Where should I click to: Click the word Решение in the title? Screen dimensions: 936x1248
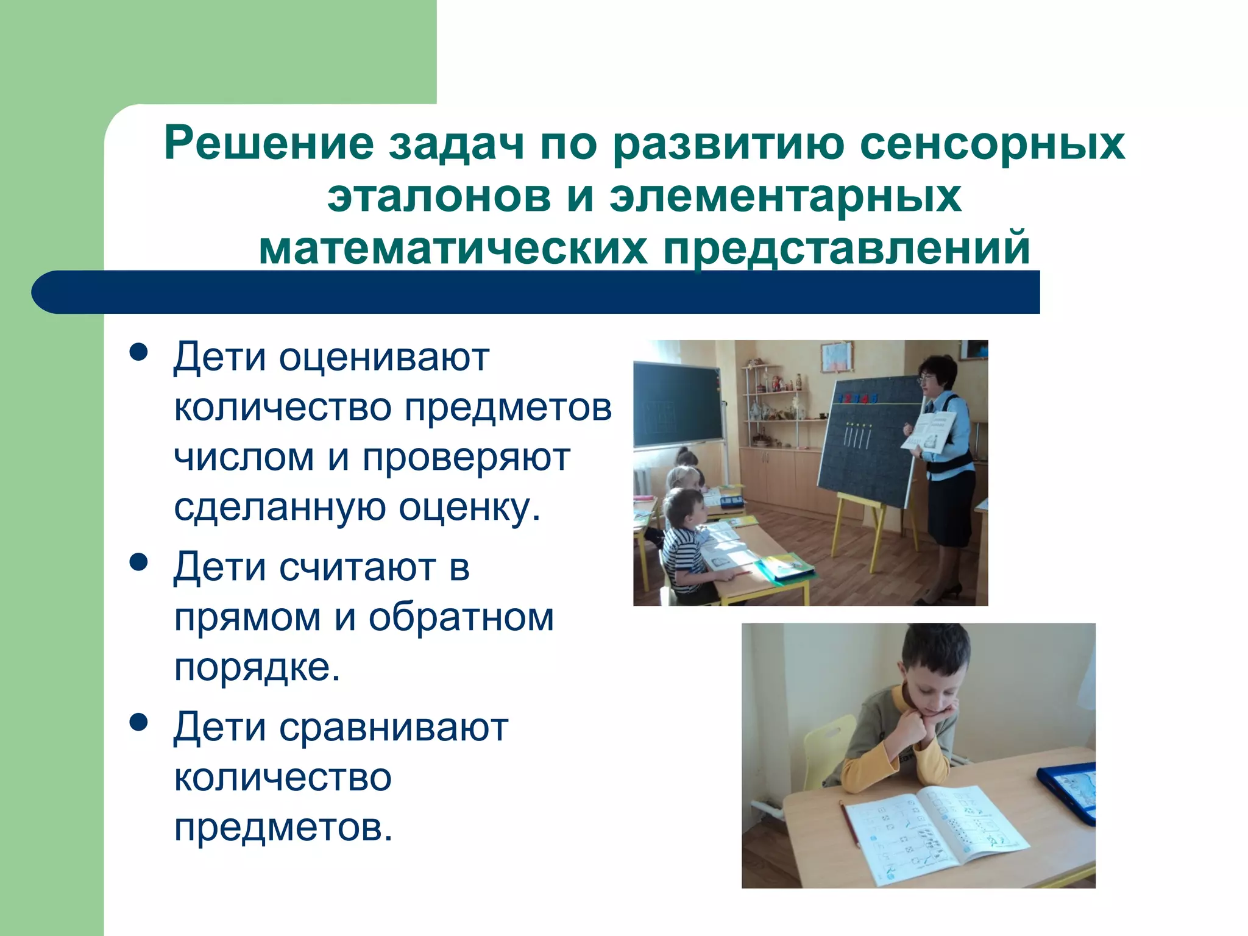click(269, 144)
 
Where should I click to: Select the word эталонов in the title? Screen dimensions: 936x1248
click(439, 196)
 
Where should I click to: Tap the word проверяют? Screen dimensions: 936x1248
click(466, 458)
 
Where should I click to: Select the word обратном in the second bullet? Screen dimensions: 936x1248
click(461, 618)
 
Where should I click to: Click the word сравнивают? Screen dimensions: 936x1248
click(394, 728)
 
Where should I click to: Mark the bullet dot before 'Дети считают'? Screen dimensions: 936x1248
click(139, 562)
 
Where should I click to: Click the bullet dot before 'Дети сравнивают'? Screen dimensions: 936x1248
click(139, 722)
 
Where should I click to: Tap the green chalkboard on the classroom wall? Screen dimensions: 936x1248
click(678, 405)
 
